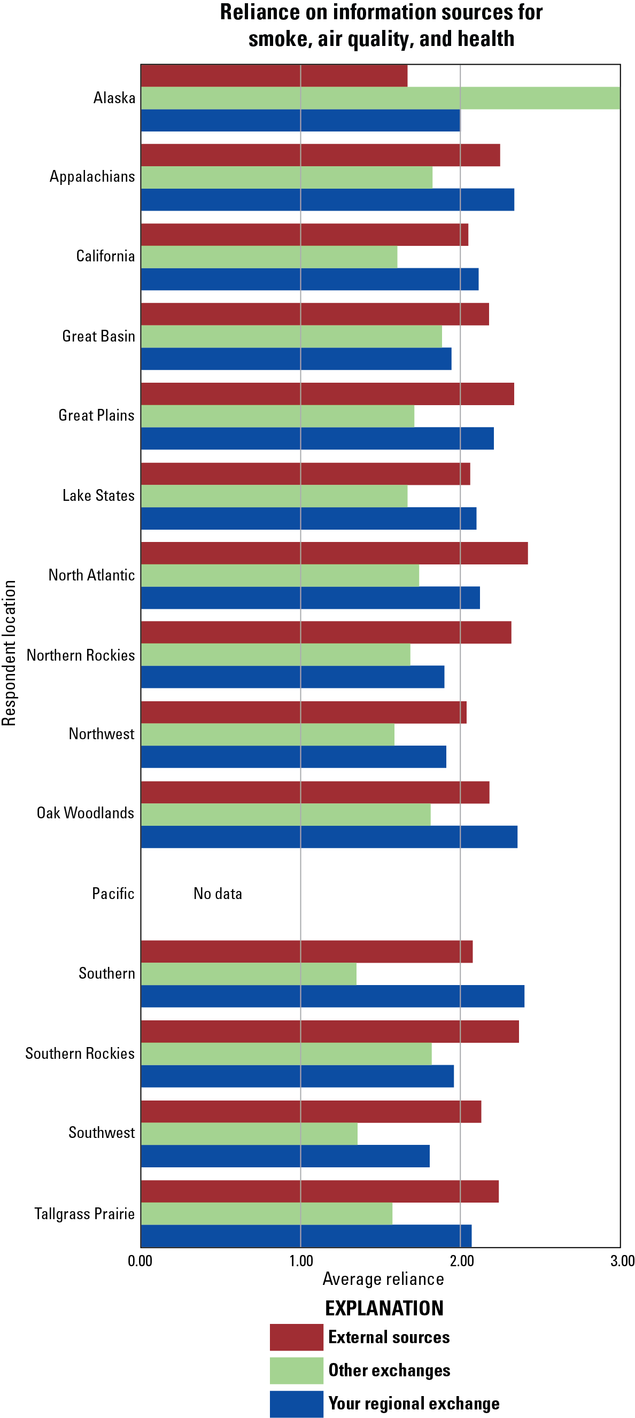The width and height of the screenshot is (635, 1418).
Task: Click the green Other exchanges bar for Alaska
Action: (x=380, y=98)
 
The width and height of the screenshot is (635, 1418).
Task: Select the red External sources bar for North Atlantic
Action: (x=334, y=553)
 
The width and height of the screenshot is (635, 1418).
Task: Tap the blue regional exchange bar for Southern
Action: (x=332, y=996)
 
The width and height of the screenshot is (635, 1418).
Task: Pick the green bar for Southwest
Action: (x=249, y=1134)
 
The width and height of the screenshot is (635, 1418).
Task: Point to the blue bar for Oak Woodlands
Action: (x=329, y=836)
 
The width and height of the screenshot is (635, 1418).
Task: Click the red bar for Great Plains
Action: (x=327, y=393)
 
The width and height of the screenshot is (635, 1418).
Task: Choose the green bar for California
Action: (x=268, y=257)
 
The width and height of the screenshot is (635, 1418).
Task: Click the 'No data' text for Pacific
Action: (x=218, y=894)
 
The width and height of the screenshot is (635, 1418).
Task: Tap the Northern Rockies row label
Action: (x=80, y=655)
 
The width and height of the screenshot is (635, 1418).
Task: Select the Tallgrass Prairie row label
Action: (x=84, y=1214)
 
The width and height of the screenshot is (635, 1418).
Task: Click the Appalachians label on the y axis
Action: (x=92, y=177)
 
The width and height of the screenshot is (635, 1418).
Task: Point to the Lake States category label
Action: (x=98, y=495)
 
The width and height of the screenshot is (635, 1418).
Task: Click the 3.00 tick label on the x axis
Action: (x=622, y=1260)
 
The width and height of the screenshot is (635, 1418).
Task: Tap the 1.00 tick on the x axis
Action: (x=300, y=1260)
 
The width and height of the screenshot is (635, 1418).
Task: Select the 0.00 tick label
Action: (x=140, y=1260)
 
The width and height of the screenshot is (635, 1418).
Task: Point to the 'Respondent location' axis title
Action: (x=9, y=653)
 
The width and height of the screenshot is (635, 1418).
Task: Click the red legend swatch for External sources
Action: (x=296, y=1337)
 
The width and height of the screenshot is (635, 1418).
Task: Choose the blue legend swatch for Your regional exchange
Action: (x=296, y=1404)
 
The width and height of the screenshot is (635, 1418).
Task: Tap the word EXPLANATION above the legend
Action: (x=384, y=1308)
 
